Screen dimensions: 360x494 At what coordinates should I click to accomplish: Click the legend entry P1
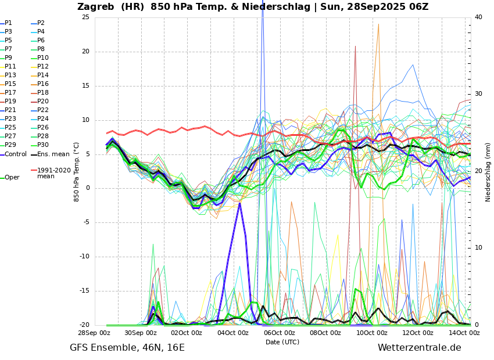click(x=8, y=23)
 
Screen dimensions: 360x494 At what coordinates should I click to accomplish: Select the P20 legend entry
click(x=43, y=102)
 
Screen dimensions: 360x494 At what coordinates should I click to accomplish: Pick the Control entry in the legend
click(x=16, y=154)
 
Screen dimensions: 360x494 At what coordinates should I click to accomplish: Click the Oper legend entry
click(x=12, y=178)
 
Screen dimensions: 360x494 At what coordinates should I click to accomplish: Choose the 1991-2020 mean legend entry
click(x=53, y=173)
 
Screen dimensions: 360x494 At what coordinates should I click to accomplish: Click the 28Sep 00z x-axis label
click(x=94, y=333)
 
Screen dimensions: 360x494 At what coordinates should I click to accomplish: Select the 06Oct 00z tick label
click(x=280, y=333)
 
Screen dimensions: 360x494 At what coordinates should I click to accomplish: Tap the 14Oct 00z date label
click(x=464, y=333)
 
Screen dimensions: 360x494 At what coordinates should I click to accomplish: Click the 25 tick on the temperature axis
click(x=85, y=17)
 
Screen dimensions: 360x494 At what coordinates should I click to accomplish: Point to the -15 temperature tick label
click(x=84, y=291)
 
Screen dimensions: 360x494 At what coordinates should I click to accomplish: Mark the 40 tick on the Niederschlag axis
click(x=478, y=17)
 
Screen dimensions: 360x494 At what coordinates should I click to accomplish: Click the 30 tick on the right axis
click(x=478, y=94)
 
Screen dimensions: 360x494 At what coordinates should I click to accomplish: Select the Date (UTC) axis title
click(x=282, y=343)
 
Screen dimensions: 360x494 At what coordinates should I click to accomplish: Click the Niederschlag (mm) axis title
click(x=488, y=172)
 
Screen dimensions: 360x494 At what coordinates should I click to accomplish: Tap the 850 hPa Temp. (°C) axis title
click(x=76, y=172)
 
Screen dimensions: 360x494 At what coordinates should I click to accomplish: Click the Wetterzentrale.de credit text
click(x=419, y=348)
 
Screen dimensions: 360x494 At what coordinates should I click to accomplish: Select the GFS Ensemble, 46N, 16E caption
click(x=127, y=348)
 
